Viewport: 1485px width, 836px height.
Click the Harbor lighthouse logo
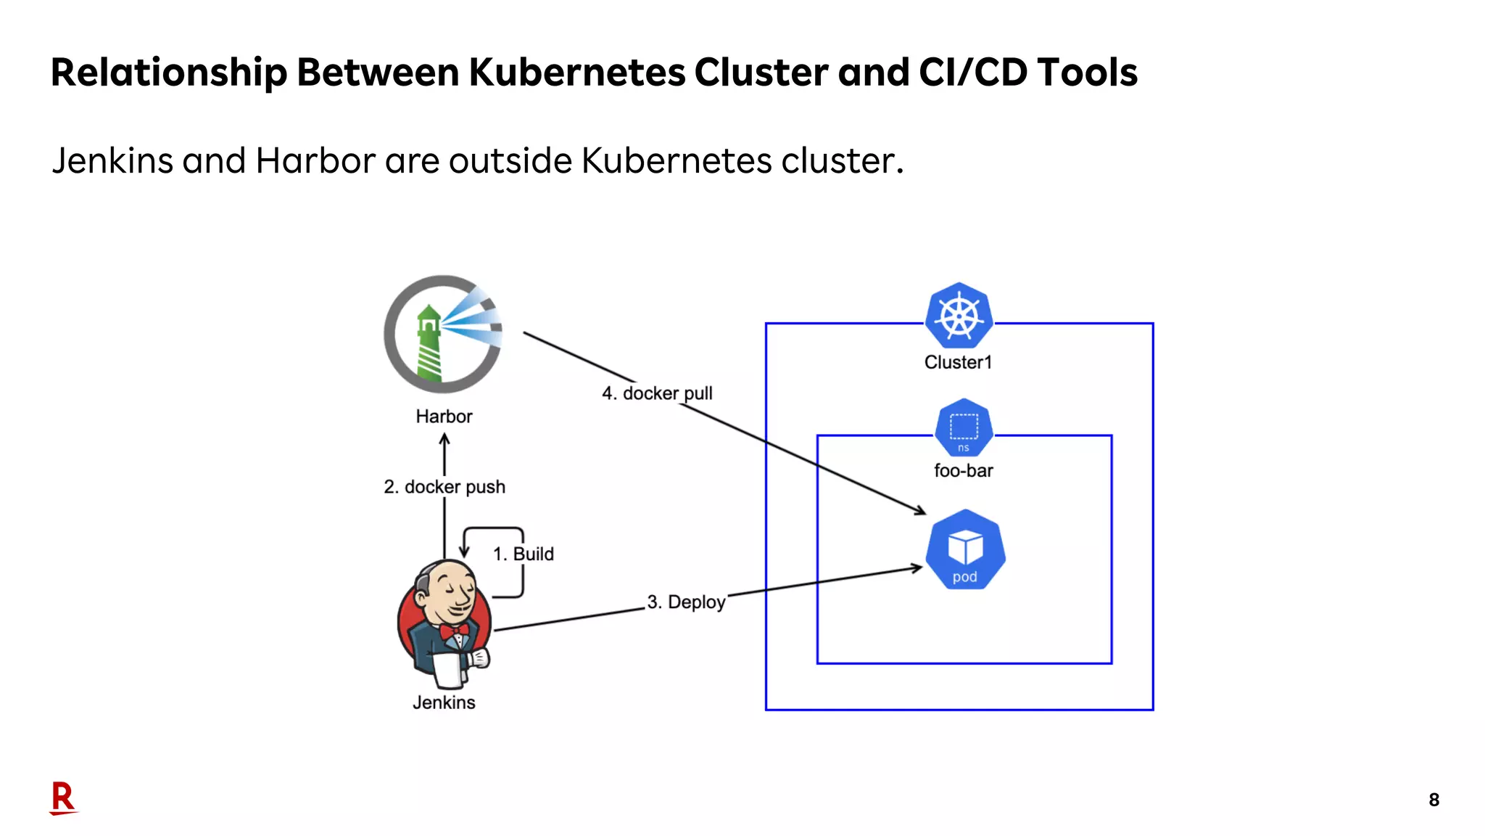(442, 335)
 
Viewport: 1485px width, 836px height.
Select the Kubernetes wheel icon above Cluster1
(959, 316)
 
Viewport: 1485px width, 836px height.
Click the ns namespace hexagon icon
(964, 428)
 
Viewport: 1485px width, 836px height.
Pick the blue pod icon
(965, 550)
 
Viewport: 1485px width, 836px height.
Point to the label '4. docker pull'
(657, 393)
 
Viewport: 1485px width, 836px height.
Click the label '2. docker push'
(444, 487)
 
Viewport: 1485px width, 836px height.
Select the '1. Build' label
(523, 554)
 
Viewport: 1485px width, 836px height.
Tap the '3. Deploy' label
(686, 602)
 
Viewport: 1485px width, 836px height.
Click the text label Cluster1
(958, 362)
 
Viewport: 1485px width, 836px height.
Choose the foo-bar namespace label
(963, 471)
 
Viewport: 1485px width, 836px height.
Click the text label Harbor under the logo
(444, 417)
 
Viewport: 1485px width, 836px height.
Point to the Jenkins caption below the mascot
(444, 702)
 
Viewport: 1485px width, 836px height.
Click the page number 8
(1434, 800)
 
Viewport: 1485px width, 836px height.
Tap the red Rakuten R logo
(63, 798)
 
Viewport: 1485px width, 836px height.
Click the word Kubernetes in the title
(576, 73)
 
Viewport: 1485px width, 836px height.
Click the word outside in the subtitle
(511, 160)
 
